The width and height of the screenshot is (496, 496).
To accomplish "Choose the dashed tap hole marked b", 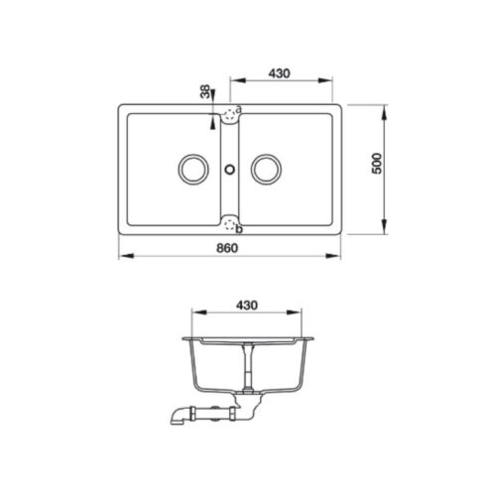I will [229, 224].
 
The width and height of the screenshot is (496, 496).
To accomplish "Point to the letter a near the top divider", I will [239, 107].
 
